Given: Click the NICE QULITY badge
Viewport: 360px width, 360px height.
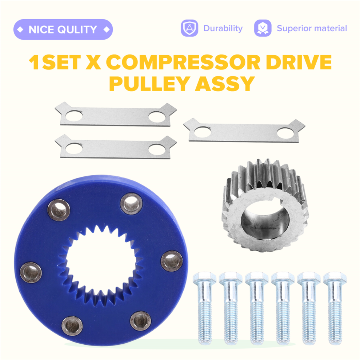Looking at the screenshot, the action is tap(63, 29).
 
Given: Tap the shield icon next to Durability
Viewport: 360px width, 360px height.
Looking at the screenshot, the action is tap(189, 28).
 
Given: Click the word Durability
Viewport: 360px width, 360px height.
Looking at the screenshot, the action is tap(223, 28).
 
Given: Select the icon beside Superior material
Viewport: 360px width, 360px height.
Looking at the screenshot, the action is tap(263, 28).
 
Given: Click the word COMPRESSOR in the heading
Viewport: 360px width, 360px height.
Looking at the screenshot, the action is tap(183, 62).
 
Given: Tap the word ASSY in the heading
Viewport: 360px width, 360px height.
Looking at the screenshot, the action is tap(225, 84).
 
